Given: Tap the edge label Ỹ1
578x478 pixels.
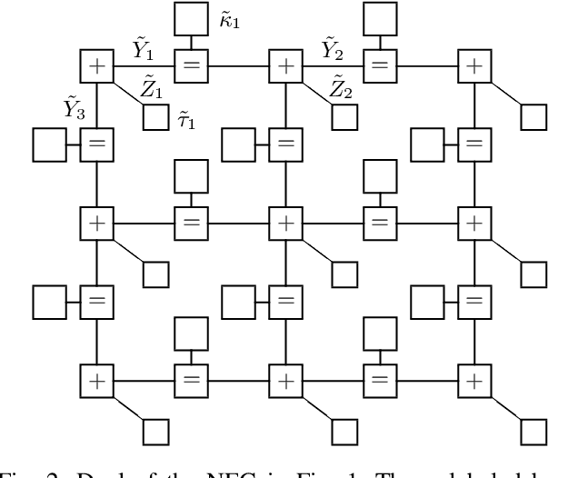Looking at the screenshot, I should (x=142, y=47).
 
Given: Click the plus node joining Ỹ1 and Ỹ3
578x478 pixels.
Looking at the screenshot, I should (x=96, y=65).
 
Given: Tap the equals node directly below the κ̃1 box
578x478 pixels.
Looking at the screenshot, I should (x=191, y=65).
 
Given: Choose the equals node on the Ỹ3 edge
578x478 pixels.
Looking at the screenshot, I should (x=96, y=144).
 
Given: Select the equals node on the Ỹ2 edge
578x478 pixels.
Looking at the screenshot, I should (x=379, y=65).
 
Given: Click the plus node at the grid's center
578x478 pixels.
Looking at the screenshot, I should (x=285, y=222).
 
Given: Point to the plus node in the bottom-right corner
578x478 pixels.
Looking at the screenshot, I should (x=473, y=379).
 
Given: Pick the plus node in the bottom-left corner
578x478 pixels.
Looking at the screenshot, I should (x=96, y=379).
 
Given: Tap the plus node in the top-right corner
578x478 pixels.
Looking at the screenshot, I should (x=473, y=65).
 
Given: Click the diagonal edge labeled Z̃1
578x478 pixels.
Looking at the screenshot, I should (x=127, y=92).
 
